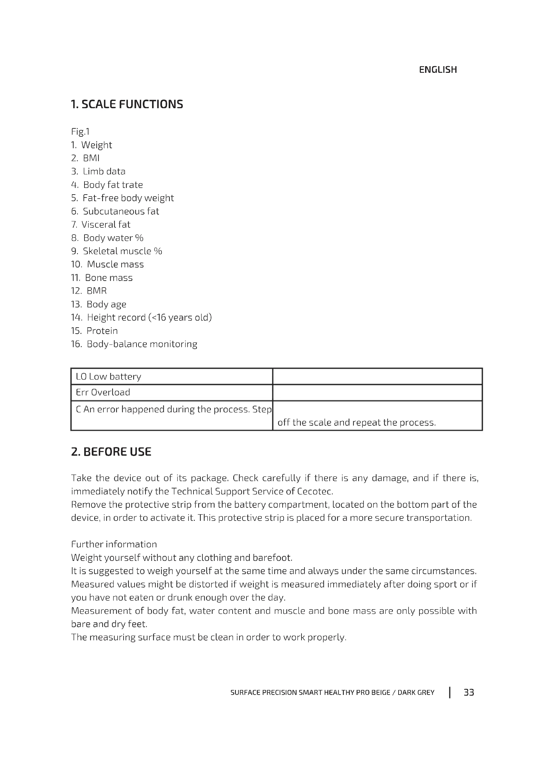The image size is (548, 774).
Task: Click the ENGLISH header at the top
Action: point(438,70)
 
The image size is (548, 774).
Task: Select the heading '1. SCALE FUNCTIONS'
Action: point(127,104)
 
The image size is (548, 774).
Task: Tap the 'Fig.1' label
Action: point(80,131)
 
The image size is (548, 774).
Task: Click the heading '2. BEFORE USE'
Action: point(111,452)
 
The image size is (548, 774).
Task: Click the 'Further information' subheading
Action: point(114,544)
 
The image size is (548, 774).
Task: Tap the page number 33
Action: point(469,692)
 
